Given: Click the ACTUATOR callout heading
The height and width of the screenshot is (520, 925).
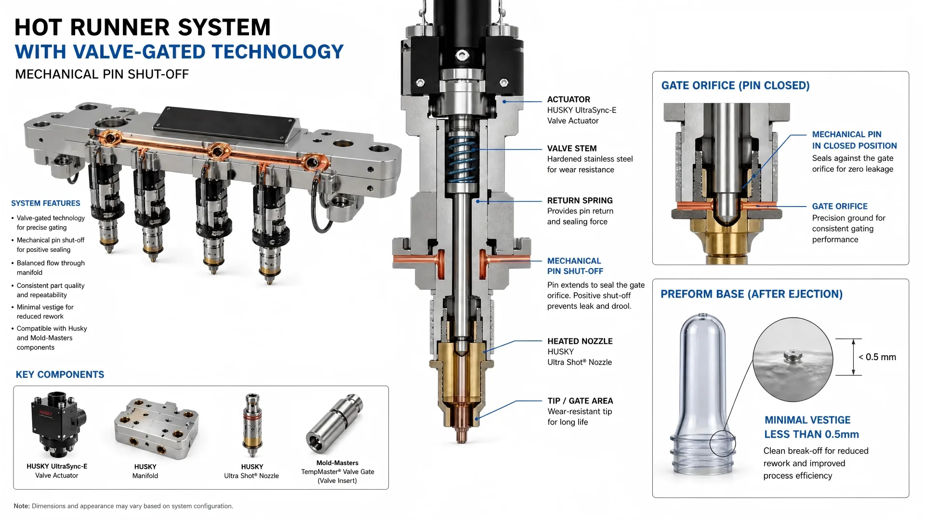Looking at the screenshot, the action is (568, 100).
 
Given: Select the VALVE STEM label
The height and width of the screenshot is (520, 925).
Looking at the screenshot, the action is (572, 149).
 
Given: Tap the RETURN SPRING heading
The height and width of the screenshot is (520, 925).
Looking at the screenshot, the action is (580, 201).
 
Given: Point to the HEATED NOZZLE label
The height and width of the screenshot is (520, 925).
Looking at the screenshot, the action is (580, 341).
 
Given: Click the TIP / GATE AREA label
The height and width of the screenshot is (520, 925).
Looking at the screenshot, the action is (581, 401).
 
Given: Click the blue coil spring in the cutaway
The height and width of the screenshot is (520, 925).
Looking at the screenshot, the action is (462, 159).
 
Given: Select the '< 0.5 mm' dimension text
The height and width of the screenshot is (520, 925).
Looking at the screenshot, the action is (877, 357).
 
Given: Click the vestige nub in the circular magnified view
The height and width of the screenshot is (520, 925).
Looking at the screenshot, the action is (793, 357).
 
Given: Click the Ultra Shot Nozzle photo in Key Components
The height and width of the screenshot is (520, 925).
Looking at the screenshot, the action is (252, 425).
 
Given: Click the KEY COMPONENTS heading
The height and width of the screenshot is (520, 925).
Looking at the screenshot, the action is (60, 375).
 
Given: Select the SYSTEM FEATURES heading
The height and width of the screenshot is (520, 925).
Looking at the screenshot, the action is (46, 204).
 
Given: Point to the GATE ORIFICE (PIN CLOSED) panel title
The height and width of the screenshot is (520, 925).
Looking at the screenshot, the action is (735, 86).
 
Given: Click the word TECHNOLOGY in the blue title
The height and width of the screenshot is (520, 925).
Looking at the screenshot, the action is (278, 52).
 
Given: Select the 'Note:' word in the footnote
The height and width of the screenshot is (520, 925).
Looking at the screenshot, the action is (22, 506).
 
